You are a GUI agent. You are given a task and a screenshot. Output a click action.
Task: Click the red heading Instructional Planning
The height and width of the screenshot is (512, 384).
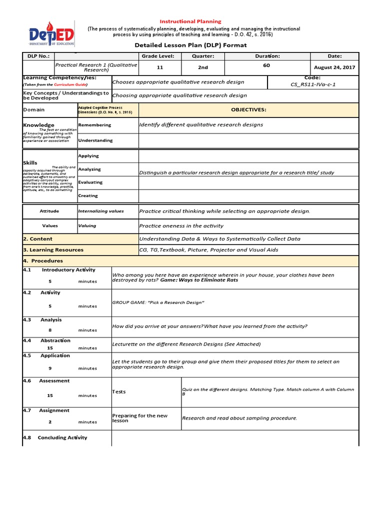pos(190,21)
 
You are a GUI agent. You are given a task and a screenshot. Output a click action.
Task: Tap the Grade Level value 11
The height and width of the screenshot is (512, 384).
pos(160,67)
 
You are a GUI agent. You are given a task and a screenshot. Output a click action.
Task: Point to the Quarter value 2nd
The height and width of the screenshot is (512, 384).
pos(203,67)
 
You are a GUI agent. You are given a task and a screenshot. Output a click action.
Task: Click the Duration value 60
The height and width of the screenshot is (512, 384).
pos(266,65)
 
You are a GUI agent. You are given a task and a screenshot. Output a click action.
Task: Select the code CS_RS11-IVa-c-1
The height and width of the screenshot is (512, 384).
pos(313,84)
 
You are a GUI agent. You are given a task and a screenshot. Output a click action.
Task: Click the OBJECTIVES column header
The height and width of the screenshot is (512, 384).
pos(248,109)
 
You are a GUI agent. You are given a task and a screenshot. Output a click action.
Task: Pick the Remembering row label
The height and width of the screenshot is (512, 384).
pos(94,125)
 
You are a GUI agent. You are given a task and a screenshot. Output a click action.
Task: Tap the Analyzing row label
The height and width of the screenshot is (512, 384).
pos(89,169)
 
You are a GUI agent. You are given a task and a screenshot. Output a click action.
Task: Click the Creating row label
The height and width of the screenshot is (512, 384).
pos(88,196)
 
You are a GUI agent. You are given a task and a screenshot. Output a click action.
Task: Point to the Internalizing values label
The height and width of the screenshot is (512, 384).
pos(101,211)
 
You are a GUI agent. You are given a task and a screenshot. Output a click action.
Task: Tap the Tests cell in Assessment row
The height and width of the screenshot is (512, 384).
pos(119,392)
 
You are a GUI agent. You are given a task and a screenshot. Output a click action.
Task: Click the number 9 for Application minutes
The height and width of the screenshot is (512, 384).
pos(50,368)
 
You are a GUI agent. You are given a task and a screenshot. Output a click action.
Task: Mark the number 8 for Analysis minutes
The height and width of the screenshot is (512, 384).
pos(50,330)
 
